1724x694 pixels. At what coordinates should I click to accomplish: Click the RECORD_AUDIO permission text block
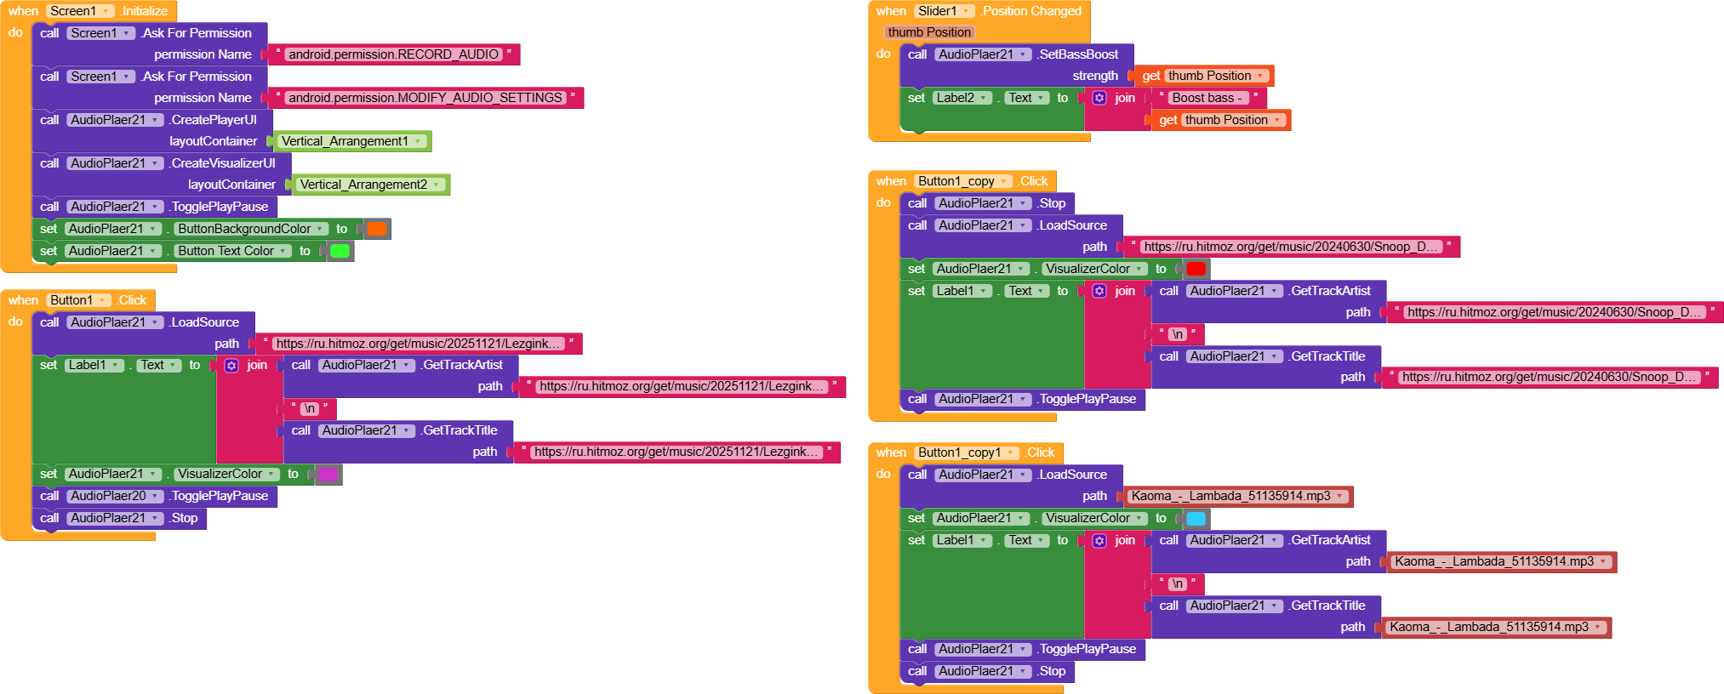pos(393,54)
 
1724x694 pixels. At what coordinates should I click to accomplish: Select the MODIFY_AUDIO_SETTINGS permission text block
pos(425,98)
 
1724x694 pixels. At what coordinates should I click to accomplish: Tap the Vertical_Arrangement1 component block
pos(351,141)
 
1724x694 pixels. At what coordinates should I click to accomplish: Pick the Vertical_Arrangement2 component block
pos(370,185)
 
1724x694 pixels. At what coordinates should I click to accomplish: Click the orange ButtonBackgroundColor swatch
pos(376,229)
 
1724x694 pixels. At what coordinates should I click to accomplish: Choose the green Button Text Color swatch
pos(340,251)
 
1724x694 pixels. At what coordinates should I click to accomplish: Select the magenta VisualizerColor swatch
pos(328,474)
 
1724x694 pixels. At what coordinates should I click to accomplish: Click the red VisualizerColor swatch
pos(1196,269)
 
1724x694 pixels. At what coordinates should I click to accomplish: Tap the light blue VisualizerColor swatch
pos(1196,518)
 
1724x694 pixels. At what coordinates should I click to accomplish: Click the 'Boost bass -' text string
pos(1207,98)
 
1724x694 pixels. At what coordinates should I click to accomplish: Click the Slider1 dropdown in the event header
pos(944,11)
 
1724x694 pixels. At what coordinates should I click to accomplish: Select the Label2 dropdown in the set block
pos(962,98)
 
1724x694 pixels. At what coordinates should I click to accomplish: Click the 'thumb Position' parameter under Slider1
pos(929,32)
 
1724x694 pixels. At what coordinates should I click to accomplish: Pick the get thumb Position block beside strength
pos(1204,76)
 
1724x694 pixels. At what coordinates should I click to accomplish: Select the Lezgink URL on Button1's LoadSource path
pos(419,344)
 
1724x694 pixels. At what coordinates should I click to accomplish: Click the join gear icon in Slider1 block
pos(1099,98)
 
